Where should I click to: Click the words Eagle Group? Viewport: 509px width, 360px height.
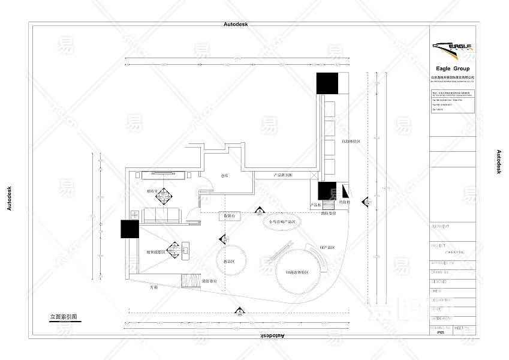pyautogui.click(x=453, y=69)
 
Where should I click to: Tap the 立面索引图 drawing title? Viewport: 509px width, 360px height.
pyautogui.click(x=64, y=316)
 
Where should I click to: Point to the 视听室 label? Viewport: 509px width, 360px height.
pyautogui.click(x=152, y=191)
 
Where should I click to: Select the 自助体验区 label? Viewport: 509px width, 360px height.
pyautogui.click(x=351, y=142)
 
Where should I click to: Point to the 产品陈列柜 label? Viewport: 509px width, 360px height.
pyautogui.click(x=283, y=175)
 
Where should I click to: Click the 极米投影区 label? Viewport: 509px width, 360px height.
pyautogui.click(x=155, y=252)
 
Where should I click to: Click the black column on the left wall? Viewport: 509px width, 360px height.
pyautogui.click(x=129, y=230)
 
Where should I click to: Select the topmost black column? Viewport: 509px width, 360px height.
pyautogui.click(x=328, y=83)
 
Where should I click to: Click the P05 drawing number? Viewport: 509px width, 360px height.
pyautogui.click(x=441, y=332)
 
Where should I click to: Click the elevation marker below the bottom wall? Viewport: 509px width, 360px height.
pyautogui.click(x=239, y=311)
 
